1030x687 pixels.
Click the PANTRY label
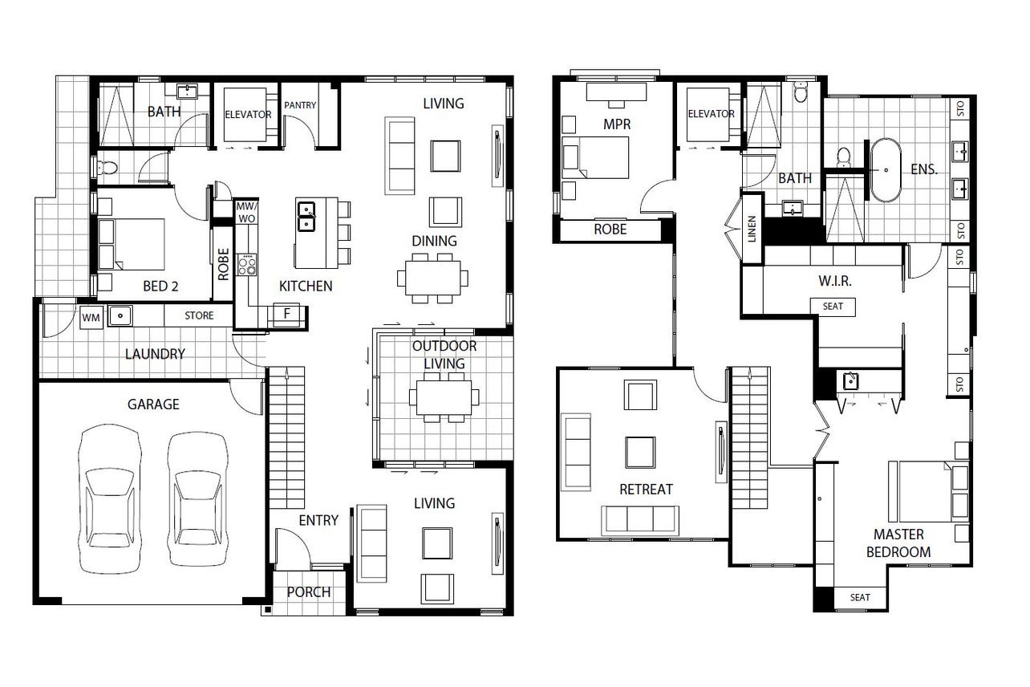(300, 105)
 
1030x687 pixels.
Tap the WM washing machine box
(91, 318)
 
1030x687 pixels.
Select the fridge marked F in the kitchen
(287, 314)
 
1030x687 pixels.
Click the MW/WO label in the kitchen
(247, 213)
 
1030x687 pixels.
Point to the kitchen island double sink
(306, 216)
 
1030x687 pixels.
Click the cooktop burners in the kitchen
(247, 265)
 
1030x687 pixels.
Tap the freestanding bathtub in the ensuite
(886, 170)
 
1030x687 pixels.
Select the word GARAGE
(153, 404)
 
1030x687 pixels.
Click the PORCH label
(309, 592)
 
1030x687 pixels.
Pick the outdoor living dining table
(444, 397)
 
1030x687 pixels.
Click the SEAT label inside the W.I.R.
(833, 307)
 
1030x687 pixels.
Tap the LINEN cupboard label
(752, 230)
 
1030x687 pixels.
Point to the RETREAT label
(646, 489)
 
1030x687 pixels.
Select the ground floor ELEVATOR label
(248, 115)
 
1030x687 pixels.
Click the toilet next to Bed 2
(107, 167)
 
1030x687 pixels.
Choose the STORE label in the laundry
(199, 315)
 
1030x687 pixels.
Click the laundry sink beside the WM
(120, 316)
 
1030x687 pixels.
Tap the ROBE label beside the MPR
(610, 230)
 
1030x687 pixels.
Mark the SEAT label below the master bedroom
(860, 598)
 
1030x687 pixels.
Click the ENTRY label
(318, 520)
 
